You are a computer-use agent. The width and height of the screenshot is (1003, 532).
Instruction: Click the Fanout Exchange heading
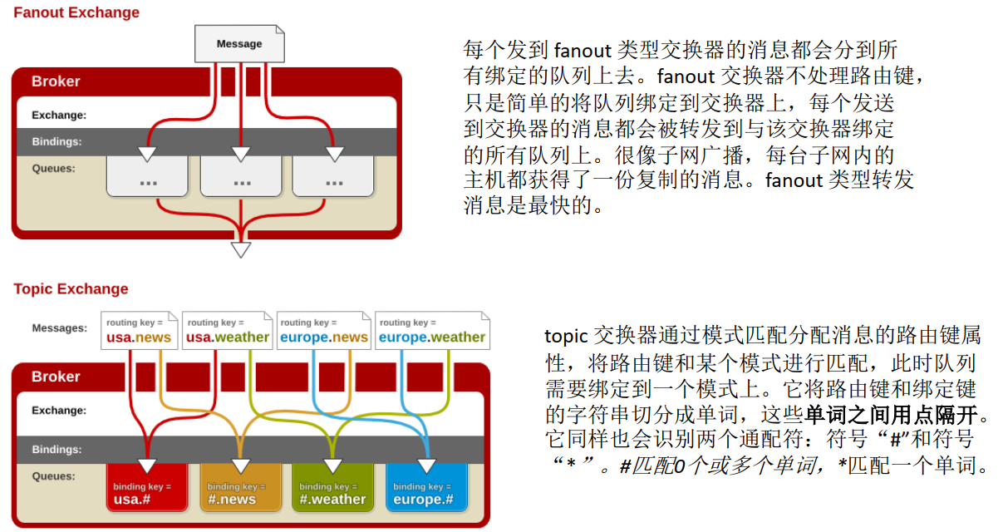click(x=76, y=12)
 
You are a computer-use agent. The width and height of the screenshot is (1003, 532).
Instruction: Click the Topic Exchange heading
click(x=71, y=288)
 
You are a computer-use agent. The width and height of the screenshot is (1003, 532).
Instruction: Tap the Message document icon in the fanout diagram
click(x=239, y=43)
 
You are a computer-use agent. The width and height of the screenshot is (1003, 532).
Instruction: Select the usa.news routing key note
click(x=139, y=330)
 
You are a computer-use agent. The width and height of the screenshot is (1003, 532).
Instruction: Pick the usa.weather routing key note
click(x=228, y=330)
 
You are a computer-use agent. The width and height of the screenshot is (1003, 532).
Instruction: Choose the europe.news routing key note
click(x=324, y=330)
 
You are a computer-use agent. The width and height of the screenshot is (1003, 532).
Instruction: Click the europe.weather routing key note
click(x=431, y=330)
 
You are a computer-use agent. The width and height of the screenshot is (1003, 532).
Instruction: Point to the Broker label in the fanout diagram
click(x=56, y=81)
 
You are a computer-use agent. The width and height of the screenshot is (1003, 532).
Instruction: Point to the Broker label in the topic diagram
click(x=56, y=377)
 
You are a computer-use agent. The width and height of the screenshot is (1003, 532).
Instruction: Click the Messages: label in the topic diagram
click(x=59, y=328)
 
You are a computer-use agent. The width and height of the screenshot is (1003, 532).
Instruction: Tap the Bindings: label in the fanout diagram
click(x=57, y=141)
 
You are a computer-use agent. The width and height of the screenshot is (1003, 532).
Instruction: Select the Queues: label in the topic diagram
click(x=53, y=476)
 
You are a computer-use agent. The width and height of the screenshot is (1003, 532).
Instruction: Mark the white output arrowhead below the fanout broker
click(x=240, y=249)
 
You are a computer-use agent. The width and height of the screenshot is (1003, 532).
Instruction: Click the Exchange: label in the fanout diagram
click(x=59, y=116)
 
